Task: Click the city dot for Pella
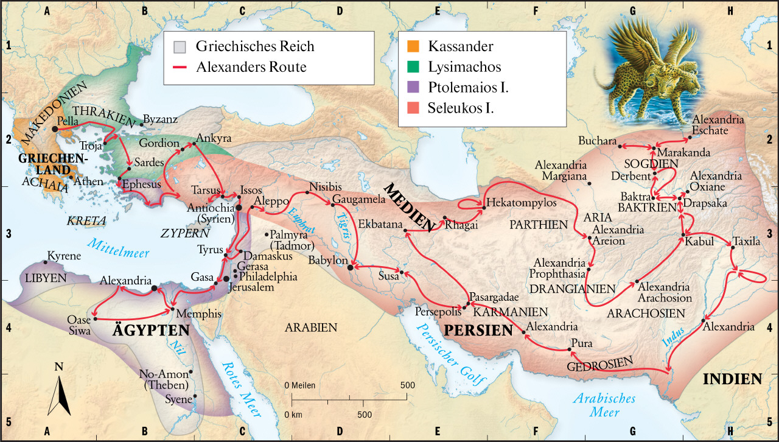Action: [x=55, y=129]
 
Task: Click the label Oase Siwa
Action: [x=80, y=326]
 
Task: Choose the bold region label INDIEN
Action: [x=732, y=379]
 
